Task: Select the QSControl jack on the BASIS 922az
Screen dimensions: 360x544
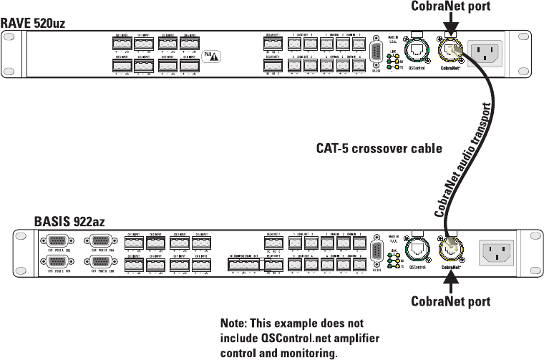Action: pos(417,249)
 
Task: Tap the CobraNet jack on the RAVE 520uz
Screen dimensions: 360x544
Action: pos(451,50)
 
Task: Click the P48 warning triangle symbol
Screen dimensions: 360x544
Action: pos(215,56)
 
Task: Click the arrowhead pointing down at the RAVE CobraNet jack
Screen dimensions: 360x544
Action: pos(450,32)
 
